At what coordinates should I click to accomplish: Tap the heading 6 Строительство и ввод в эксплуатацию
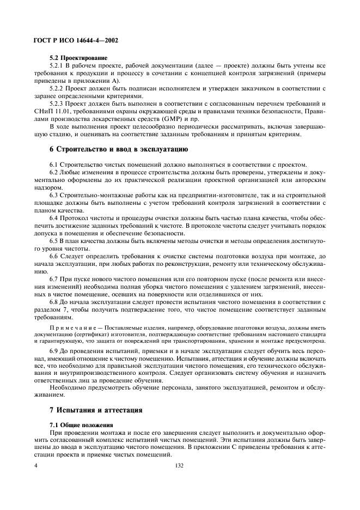pyautogui.click(x=111, y=149)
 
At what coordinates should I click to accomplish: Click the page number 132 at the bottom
pyautogui.click(x=180, y=466)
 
